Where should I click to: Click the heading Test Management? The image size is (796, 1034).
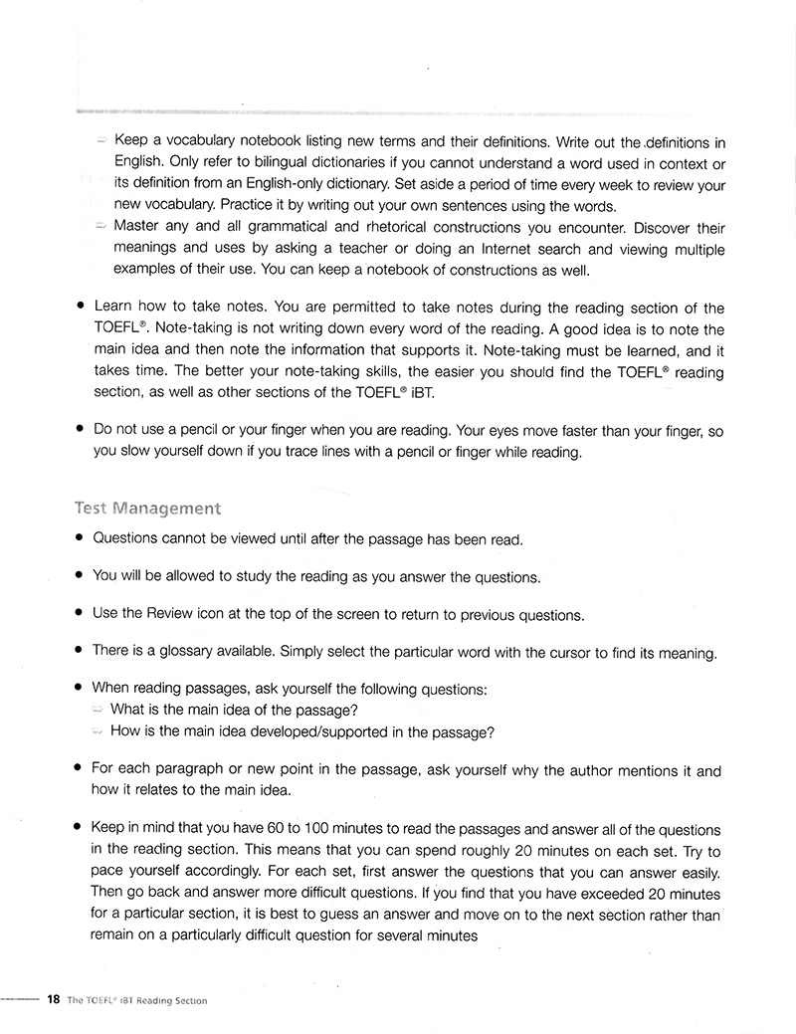[147, 509]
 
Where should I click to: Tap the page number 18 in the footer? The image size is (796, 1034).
[54, 1000]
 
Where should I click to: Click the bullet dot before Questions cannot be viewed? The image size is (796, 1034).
[78, 539]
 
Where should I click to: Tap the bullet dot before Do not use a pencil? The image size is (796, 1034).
[78, 431]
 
